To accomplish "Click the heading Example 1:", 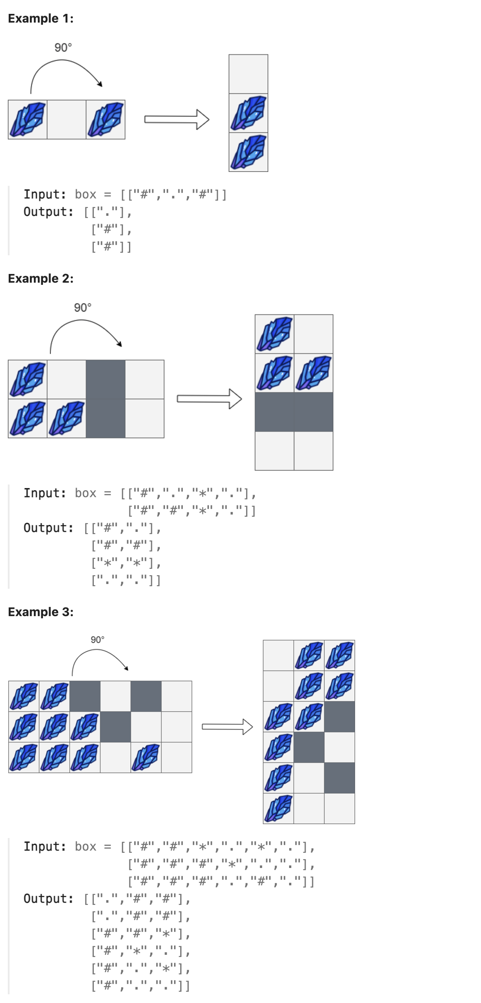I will pos(41,18).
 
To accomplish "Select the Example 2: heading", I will pos(41,278).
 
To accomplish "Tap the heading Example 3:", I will pos(41,612).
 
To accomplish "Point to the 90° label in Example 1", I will pos(63,47).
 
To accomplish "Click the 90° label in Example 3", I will pos(97,640).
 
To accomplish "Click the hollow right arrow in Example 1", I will pos(177,119).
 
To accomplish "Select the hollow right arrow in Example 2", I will pos(209,399).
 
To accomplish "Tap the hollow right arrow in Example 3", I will pos(227,727).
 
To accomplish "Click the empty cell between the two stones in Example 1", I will pos(66,119).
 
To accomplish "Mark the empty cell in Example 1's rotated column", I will pos(248,74).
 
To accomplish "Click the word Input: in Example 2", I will pos(45,493).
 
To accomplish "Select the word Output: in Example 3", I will pos(49,899).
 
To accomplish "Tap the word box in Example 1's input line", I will pos(86,195).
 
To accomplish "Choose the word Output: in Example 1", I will pos(49,212).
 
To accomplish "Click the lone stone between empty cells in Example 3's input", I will pos(146,758).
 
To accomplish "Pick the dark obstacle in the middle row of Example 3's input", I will pos(115,727).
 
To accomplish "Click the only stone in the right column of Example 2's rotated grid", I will pos(313,373).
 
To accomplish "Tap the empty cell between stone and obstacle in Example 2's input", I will pos(66,379).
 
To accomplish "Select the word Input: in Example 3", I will pos(45,847).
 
